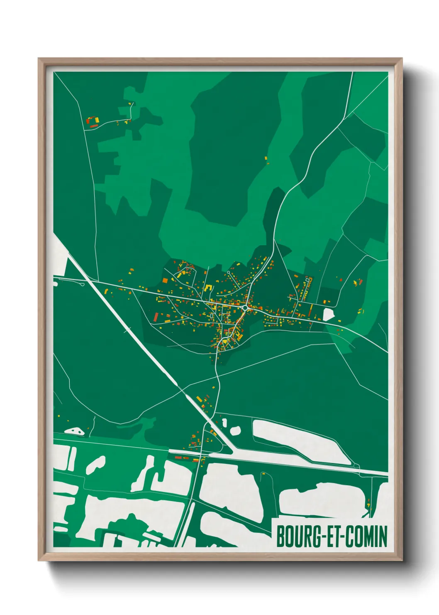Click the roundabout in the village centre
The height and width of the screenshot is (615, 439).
pos(246,307)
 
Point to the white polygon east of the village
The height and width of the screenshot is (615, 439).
pos(329,313)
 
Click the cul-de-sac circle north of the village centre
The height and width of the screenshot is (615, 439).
pos(228,273)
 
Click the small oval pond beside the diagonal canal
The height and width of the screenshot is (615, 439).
pos(235,430)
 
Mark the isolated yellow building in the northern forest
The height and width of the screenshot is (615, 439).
pos(266,158)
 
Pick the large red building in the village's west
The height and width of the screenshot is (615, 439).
pos(156,317)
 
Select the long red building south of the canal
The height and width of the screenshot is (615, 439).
pos(182,458)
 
